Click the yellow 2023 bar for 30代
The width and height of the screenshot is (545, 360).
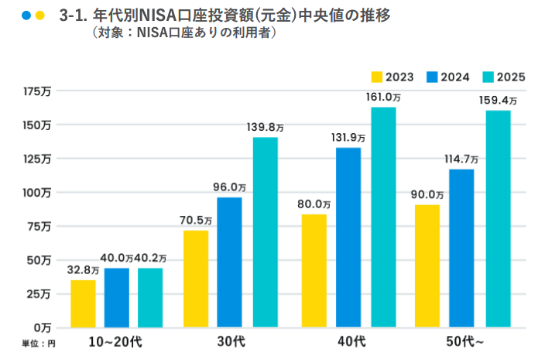[196, 278]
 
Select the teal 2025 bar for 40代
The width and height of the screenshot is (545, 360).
[383, 217]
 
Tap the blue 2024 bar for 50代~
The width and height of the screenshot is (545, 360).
[461, 247]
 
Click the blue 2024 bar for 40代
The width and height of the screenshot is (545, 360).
[348, 237]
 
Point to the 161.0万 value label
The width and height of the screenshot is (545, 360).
[383, 98]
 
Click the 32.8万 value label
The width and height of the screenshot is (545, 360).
[83, 270]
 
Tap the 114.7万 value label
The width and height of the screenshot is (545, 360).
[461, 159]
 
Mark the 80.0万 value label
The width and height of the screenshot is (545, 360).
[314, 204]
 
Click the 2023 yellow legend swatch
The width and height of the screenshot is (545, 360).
[377, 77]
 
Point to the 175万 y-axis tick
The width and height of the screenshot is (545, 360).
[38, 91]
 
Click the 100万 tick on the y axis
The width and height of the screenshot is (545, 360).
[38, 192]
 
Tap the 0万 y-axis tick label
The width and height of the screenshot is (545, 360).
[43, 327]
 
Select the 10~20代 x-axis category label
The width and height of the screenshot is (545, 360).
[115, 341]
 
